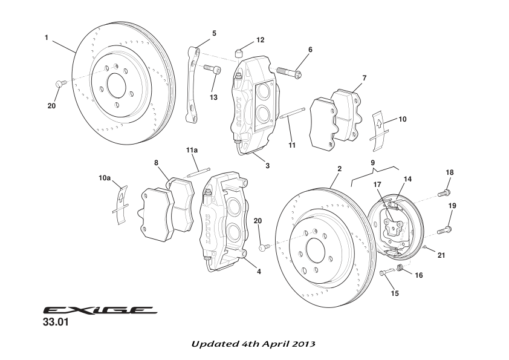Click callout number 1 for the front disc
47,38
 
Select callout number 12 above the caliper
260,40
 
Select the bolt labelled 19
444,230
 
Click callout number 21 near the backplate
441,255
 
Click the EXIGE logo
100,310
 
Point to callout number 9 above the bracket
373,162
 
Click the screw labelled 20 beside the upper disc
59,83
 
